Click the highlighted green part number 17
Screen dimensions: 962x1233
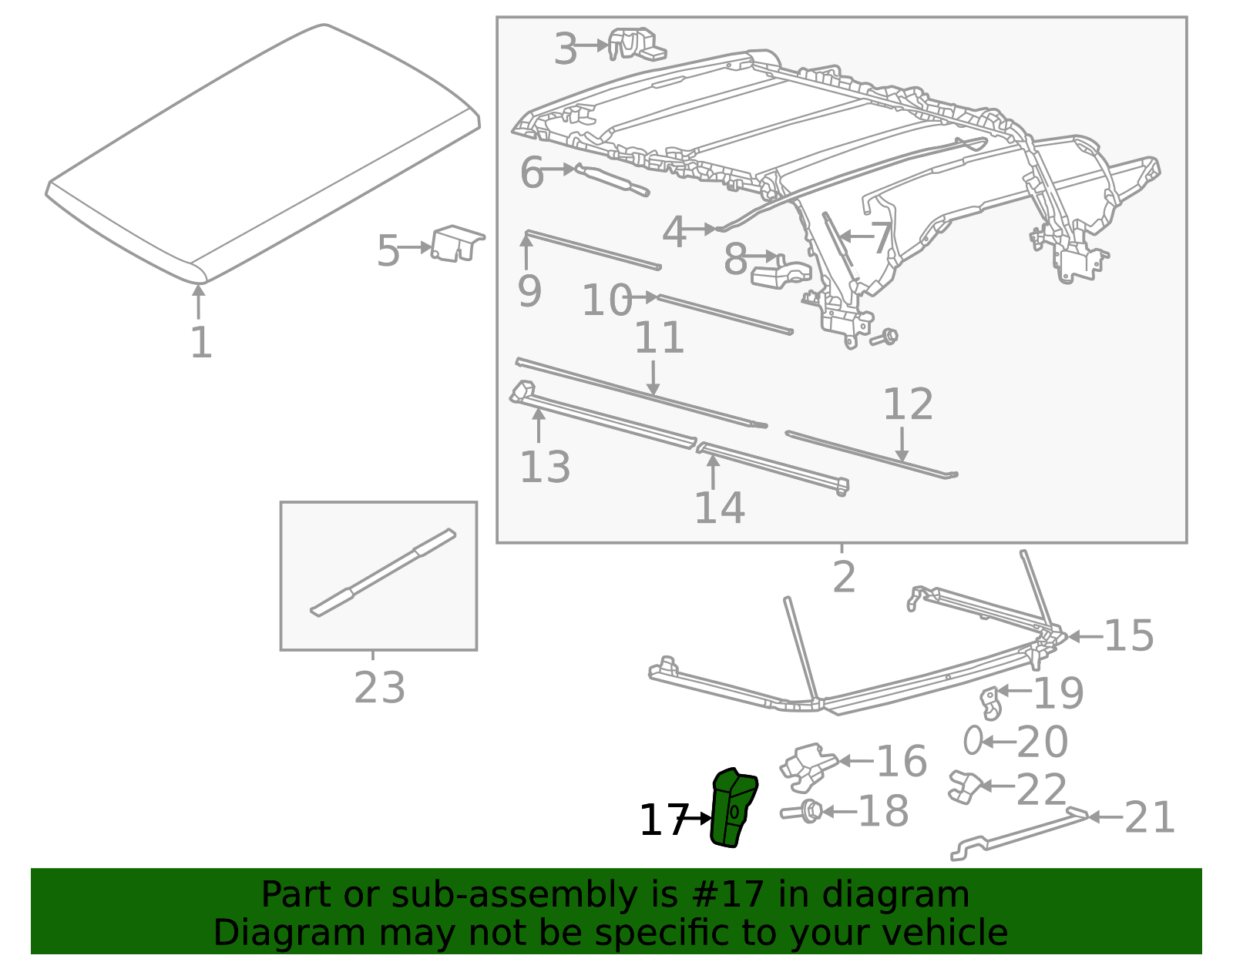click(x=733, y=809)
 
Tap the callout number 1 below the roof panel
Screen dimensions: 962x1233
click(x=200, y=343)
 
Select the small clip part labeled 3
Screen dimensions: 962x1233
click(x=636, y=44)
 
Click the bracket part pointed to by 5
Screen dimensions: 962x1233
click(x=456, y=243)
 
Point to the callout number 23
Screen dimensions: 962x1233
click(x=379, y=688)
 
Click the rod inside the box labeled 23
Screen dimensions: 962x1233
click(x=383, y=572)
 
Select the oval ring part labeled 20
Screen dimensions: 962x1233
click(x=973, y=740)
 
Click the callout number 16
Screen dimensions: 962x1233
click(x=902, y=761)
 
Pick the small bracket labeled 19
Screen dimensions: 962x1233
click(x=990, y=702)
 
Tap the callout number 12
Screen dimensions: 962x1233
click(x=908, y=404)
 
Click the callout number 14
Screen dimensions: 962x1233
click(x=719, y=508)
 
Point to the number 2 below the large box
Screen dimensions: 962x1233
click(x=844, y=577)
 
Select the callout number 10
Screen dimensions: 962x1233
click(x=606, y=300)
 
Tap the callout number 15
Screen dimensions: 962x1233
click(x=1128, y=636)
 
